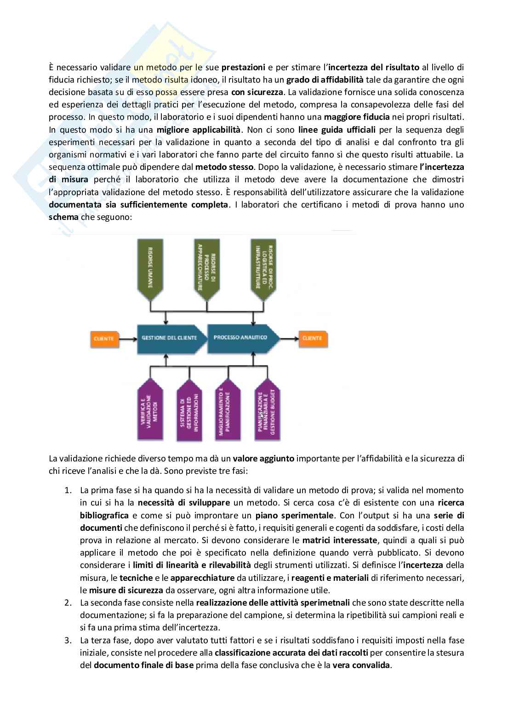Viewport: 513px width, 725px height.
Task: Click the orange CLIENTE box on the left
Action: tap(104, 338)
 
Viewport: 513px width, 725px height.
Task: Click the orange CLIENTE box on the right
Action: tap(312, 338)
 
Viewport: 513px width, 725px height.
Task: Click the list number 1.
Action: tap(68, 490)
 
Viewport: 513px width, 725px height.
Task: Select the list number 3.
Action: tap(68, 640)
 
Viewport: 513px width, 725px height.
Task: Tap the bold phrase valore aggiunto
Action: tap(263, 458)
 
